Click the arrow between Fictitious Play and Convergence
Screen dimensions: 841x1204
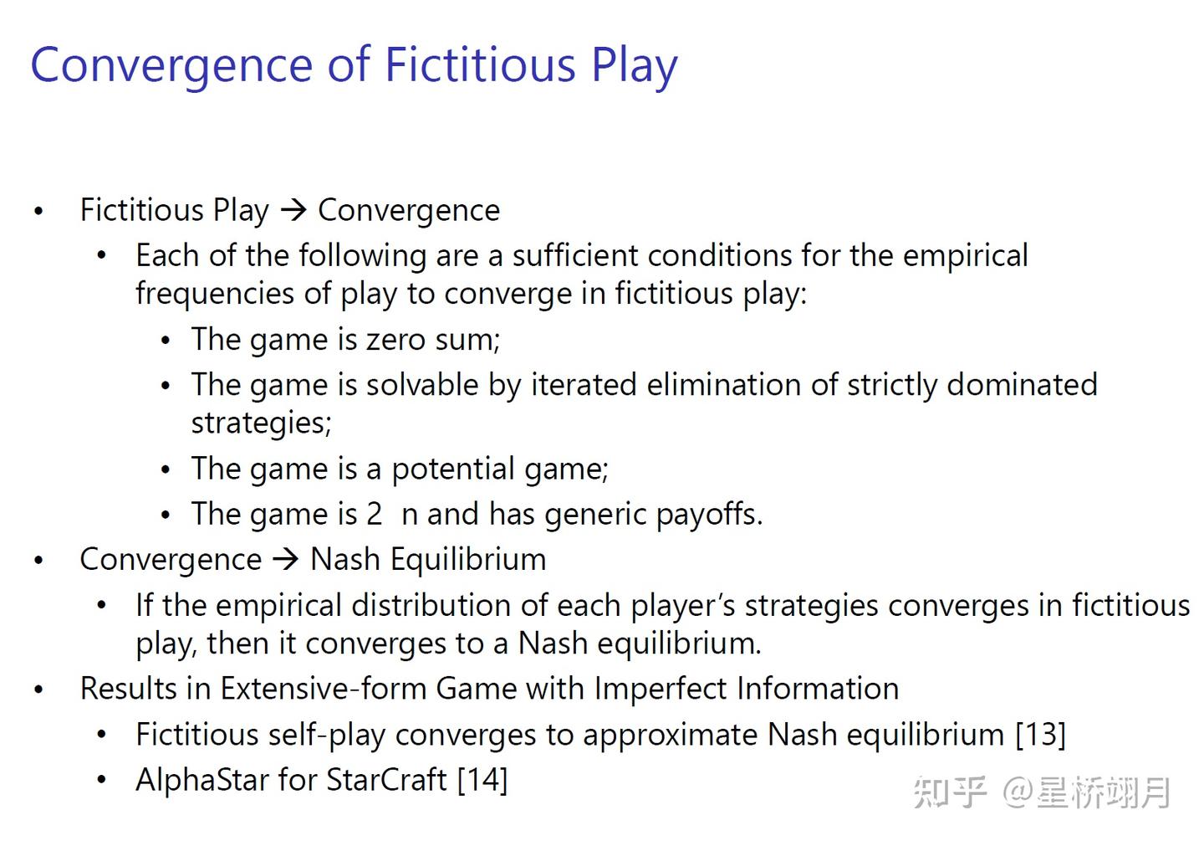pos(293,209)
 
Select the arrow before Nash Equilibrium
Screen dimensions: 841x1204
pos(286,558)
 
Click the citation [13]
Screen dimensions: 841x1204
pos(1040,734)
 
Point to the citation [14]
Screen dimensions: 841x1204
pos(482,779)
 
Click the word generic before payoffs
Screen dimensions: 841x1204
pos(594,514)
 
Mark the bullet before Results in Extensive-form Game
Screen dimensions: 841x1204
pos(38,690)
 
